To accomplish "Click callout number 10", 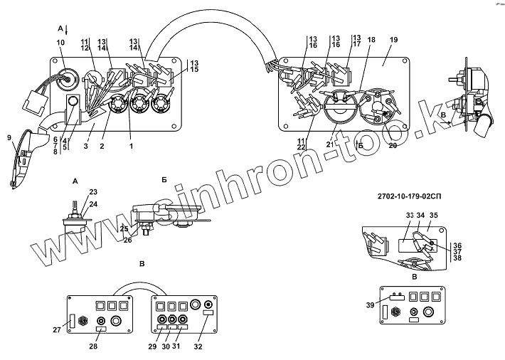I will pos(60,43).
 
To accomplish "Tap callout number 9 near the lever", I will pos(10,137).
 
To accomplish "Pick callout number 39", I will pos(370,305).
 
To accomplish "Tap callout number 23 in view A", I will pos(93,192).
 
